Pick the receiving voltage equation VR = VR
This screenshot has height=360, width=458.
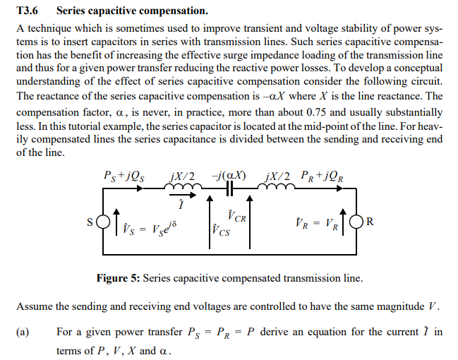318,224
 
